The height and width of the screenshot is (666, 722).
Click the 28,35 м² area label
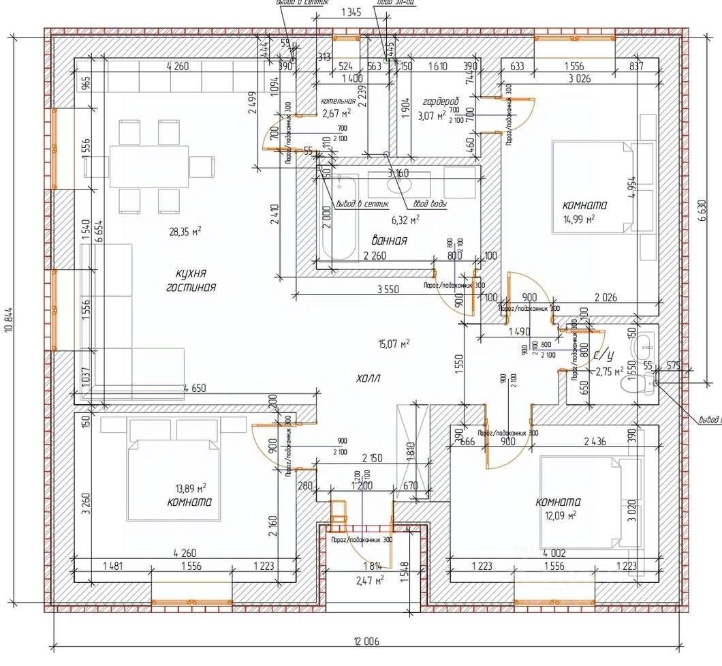point(185,232)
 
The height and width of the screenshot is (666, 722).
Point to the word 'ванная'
point(390,241)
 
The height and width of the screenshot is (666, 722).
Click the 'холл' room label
point(368,378)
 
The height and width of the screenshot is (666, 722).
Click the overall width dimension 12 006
point(366,641)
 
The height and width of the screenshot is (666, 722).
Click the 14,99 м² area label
point(579,218)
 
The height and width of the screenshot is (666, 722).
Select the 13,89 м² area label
point(191,488)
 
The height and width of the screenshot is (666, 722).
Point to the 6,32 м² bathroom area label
point(404,220)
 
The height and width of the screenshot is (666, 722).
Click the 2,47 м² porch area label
point(368,580)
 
